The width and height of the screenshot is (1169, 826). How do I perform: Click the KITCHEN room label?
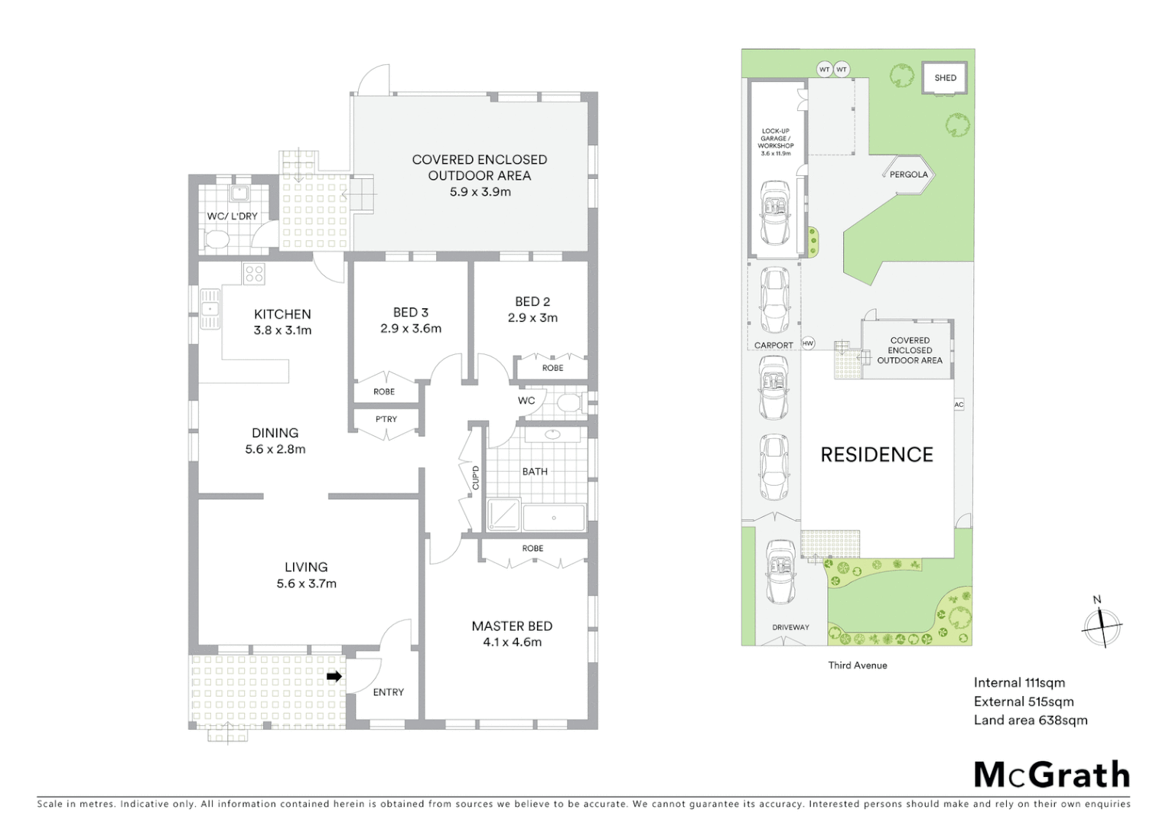pos(282,314)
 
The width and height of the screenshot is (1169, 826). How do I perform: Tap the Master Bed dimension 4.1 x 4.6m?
pos(512,642)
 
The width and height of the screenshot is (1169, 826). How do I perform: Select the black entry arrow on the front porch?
pos(334,676)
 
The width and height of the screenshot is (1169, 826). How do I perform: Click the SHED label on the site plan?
pos(945,77)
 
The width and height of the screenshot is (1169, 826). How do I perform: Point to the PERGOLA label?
pos(908,174)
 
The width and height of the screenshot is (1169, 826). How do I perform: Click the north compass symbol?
pos(1101,624)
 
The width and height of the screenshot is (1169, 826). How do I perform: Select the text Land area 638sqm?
pos(1030,720)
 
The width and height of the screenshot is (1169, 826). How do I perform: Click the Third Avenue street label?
pos(857,665)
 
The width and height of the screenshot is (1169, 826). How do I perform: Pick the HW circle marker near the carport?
pos(808,343)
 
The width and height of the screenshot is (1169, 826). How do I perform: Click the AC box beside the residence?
pos(959,405)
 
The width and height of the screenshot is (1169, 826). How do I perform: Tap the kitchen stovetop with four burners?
pos(254,274)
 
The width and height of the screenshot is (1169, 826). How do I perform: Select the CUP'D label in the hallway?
pos(475,477)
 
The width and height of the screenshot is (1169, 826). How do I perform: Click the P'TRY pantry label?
pos(386,419)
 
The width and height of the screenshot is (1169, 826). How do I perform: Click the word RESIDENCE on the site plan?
pos(877,455)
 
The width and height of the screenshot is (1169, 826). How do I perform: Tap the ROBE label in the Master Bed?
pos(532,548)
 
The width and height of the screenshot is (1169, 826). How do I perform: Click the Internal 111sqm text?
pos(1019,683)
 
